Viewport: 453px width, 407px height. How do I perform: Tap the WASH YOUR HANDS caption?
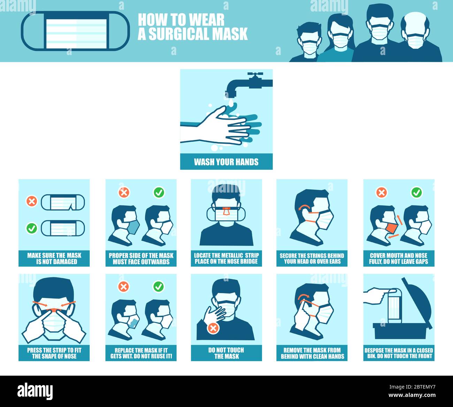pos(226,162)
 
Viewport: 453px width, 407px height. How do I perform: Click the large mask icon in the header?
pos(75,31)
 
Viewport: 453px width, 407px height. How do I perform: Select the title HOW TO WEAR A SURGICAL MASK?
pos(192,27)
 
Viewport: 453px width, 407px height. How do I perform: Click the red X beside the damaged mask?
pos(32,201)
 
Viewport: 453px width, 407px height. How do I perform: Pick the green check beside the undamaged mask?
pos(32,228)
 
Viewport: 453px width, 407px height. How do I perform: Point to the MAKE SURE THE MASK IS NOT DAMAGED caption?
pos(54,258)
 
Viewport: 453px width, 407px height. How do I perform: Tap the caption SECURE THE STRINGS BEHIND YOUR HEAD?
pos(312,258)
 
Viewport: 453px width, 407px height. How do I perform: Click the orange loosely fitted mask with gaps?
pos(392,228)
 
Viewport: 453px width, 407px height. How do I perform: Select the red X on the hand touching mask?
pos(213,328)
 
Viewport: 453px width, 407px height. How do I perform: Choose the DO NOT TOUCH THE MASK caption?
pos(226,353)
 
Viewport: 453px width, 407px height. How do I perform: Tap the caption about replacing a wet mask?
pos(141,353)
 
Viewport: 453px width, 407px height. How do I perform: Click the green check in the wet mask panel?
pos(158,287)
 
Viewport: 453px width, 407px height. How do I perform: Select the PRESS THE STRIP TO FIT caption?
pos(54,353)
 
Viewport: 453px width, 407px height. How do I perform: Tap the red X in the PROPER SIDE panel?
pos(124,192)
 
